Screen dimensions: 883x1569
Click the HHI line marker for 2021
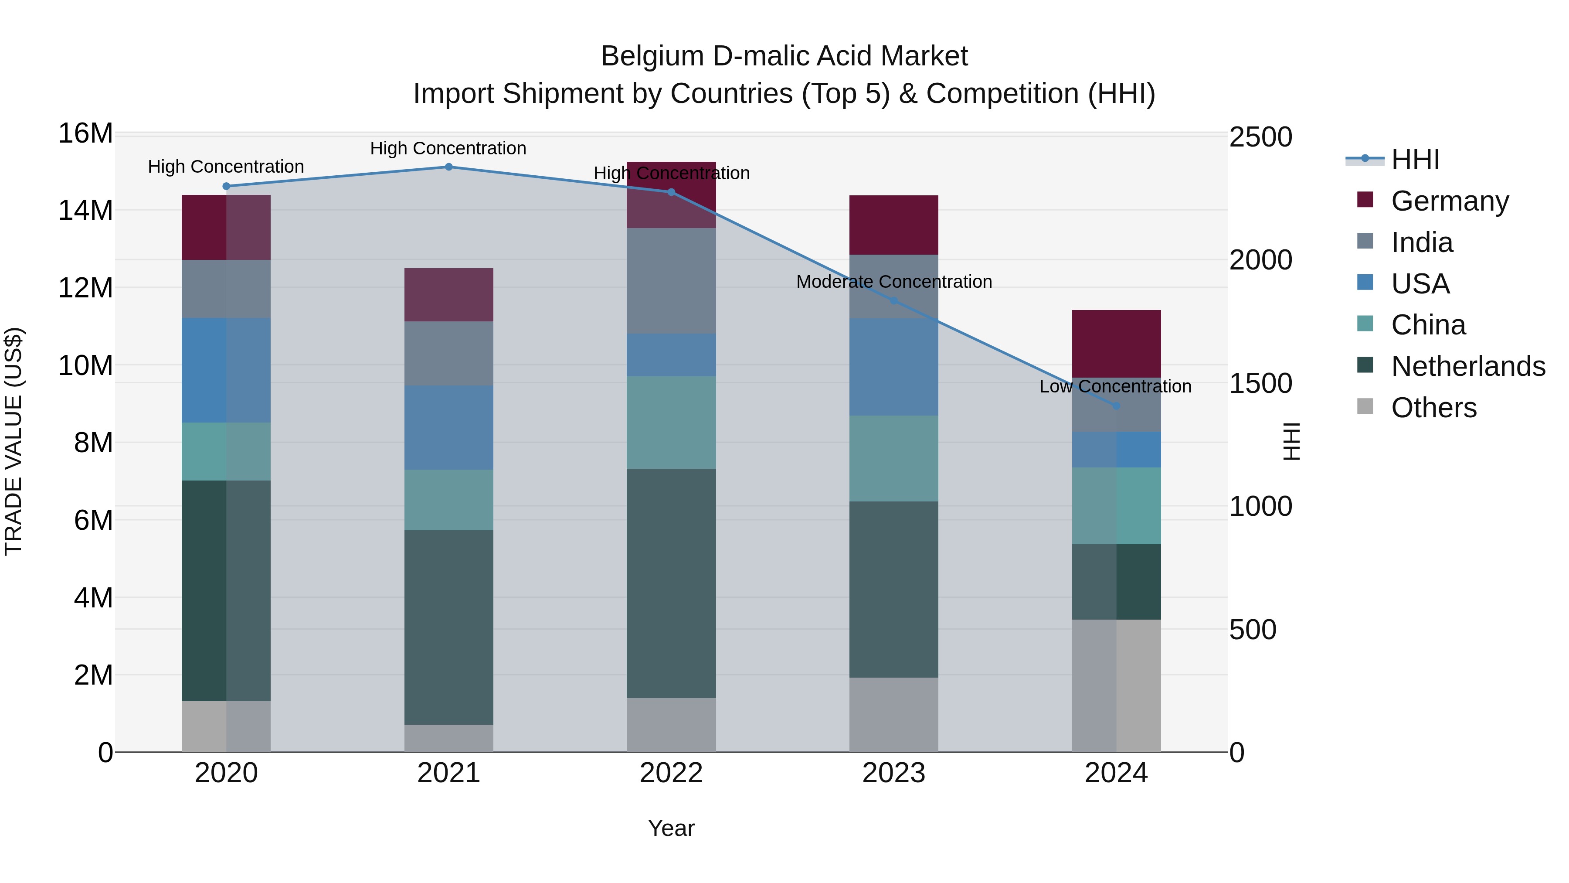tap(448, 167)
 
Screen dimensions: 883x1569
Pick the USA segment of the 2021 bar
tap(448, 427)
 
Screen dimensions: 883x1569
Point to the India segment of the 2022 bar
tap(671, 280)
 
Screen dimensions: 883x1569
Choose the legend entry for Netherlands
tap(1468, 366)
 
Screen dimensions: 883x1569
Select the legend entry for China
tap(1428, 325)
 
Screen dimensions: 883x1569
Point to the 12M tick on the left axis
tap(85, 288)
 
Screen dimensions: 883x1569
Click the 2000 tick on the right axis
tap(1260, 260)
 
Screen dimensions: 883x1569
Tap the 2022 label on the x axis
tap(671, 773)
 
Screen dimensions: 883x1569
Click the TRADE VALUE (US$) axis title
tap(14, 441)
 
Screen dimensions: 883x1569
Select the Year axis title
tap(671, 828)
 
